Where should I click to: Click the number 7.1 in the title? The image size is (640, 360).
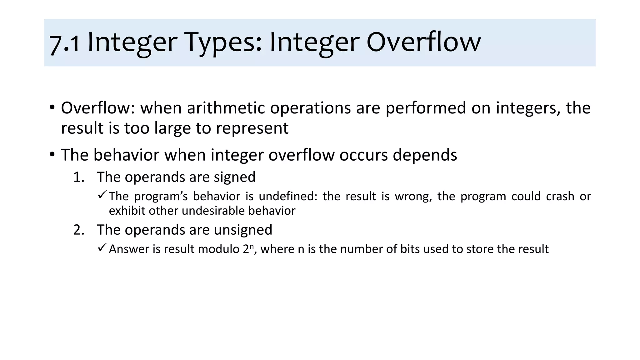click(x=64, y=44)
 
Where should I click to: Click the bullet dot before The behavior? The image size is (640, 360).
click(x=52, y=154)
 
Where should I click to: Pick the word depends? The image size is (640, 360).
click(x=425, y=155)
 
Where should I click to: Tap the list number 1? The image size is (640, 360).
click(x=79, y=177)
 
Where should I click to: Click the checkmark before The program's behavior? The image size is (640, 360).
click(x=102, y=195)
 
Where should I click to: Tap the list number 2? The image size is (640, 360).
click(x=79, y=230)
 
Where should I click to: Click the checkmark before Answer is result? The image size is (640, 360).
click(x=102, y=248)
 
